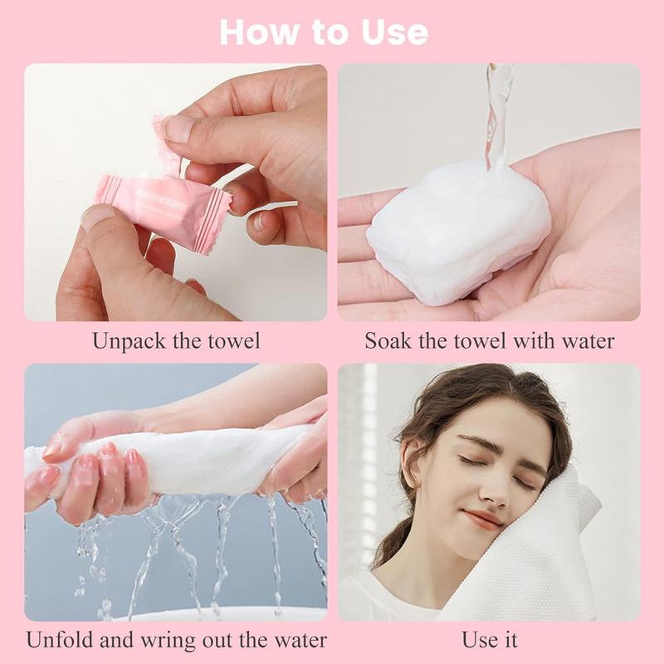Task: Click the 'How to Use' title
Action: [x=324, y=32]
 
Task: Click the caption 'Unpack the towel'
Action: [x=176, y=341]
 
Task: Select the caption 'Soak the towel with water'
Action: [x=490, y=341]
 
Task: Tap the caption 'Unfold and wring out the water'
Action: [x=176, y=641]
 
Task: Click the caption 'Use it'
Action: [x=490, y=641]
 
